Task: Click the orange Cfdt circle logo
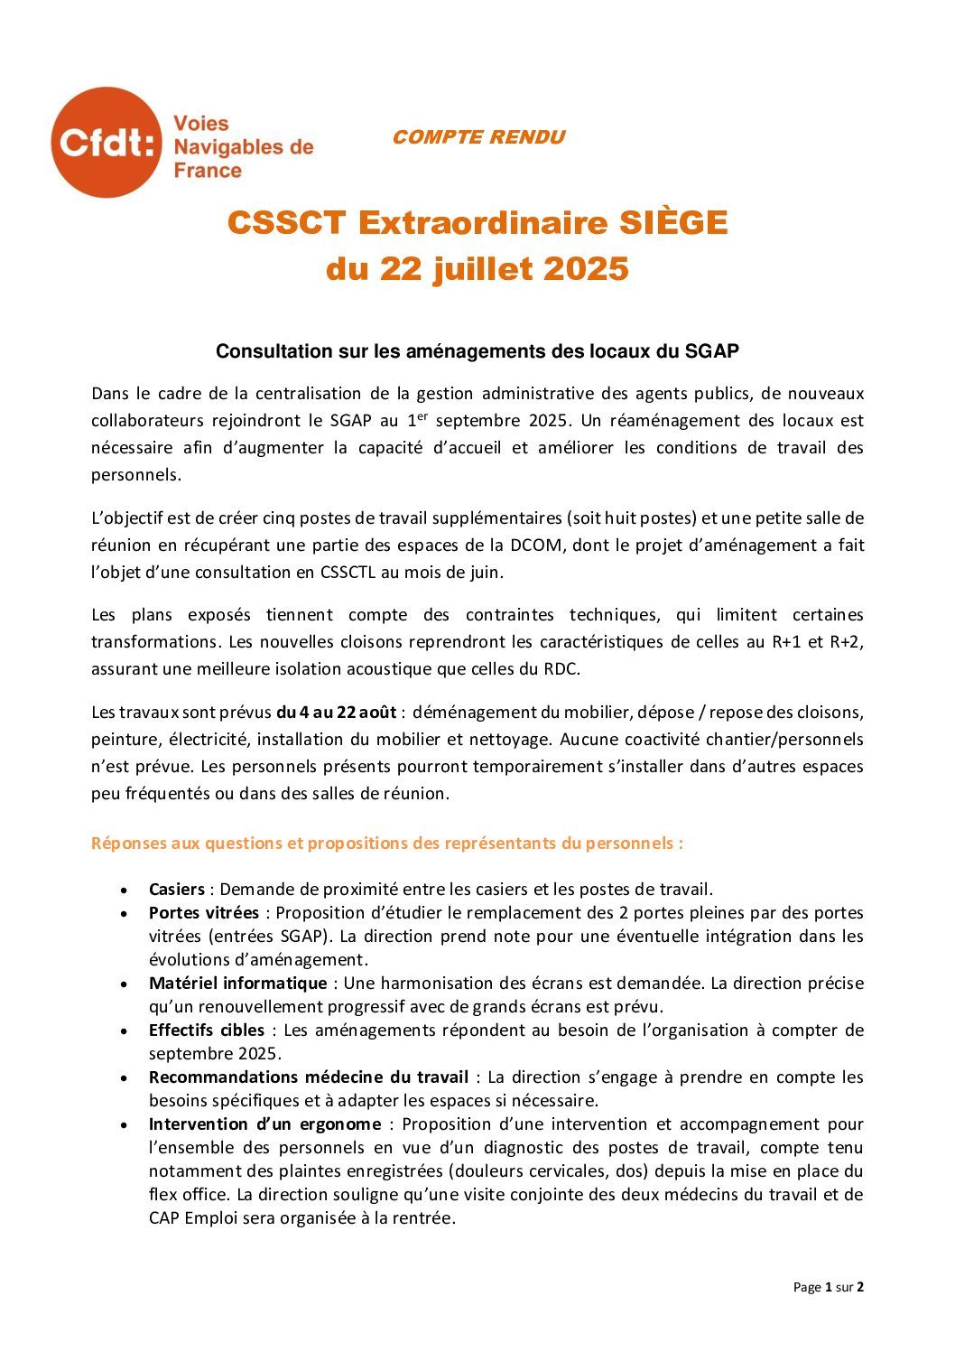click(106, 143)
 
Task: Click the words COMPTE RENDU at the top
click(478, 137)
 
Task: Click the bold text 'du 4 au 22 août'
click(336, 713)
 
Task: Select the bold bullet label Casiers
click(176, 890)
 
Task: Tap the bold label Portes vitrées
click(203, 913)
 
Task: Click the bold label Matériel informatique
click(237, 984)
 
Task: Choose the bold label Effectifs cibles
click(206, 1030)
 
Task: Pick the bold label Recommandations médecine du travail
click(308, 1077)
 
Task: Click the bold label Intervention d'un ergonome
click(264, 1124)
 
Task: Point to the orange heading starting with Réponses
click(387, 844)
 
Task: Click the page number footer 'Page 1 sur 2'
click(828, 1287)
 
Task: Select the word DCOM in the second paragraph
click(557, 545)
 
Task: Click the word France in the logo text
click(208, 171)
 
